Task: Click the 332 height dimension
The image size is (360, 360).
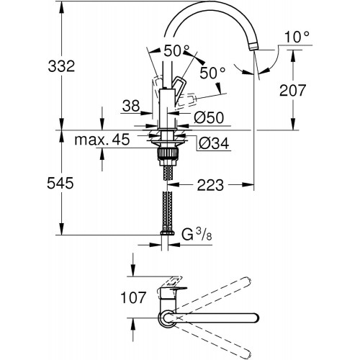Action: click(x=61, y=66)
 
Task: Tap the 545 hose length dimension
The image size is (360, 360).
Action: click(x=60, y=184)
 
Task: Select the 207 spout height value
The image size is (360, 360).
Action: click(x=292, y=90)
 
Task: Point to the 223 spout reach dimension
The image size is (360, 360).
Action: click(x=210, y=185)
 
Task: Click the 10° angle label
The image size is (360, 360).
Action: click(x=297, y=37)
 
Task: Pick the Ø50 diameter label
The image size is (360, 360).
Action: click(x=209, y=117)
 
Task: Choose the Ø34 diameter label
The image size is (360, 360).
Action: click(x=214, y=144)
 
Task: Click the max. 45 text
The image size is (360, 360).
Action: click(x=102, y=140)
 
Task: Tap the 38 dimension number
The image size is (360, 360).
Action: click(x=131, y=106)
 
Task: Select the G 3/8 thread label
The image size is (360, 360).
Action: click(x=197, y=235)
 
